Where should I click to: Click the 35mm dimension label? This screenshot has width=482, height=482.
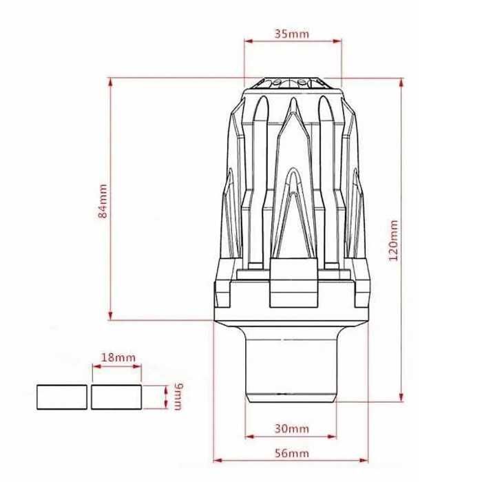[x=292, y=32]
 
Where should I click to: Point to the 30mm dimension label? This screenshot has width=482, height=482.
[x=291, y=428]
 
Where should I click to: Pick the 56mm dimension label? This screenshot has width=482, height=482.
[x=291, y=452]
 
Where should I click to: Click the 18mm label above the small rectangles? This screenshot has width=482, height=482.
[x=118, y=357]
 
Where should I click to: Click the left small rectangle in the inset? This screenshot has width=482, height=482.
[x=61, y=397]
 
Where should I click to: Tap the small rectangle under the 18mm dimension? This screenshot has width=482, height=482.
[x=117, y=397]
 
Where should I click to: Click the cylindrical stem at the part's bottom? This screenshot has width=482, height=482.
[x=293, y=365]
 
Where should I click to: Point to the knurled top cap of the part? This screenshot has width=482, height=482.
[x=293, y=84]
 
